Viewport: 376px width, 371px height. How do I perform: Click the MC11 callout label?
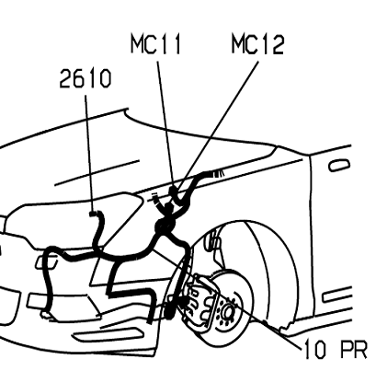[155, 44]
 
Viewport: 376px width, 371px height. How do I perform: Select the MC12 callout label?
[257, 44]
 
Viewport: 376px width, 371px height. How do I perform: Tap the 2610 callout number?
[85, 78]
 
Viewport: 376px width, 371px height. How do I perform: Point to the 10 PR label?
[336, 349]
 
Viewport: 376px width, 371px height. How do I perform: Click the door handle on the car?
[339, 166]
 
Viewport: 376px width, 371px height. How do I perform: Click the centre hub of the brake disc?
[228, 311]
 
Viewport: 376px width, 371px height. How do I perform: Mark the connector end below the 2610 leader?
[93, 214]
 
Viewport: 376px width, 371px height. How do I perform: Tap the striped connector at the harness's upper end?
[218, 173]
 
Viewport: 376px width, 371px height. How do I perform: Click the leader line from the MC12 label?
[219, 123]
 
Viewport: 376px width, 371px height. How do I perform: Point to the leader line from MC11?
[165, 123]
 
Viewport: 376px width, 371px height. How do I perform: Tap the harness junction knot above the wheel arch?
[165, 223]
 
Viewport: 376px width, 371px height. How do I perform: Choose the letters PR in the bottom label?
[354, 349]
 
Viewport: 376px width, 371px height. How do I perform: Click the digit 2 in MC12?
[278, 44]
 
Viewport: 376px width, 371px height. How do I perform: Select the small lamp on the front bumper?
[47, 262]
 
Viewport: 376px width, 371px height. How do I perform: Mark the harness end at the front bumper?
[46, 314]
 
